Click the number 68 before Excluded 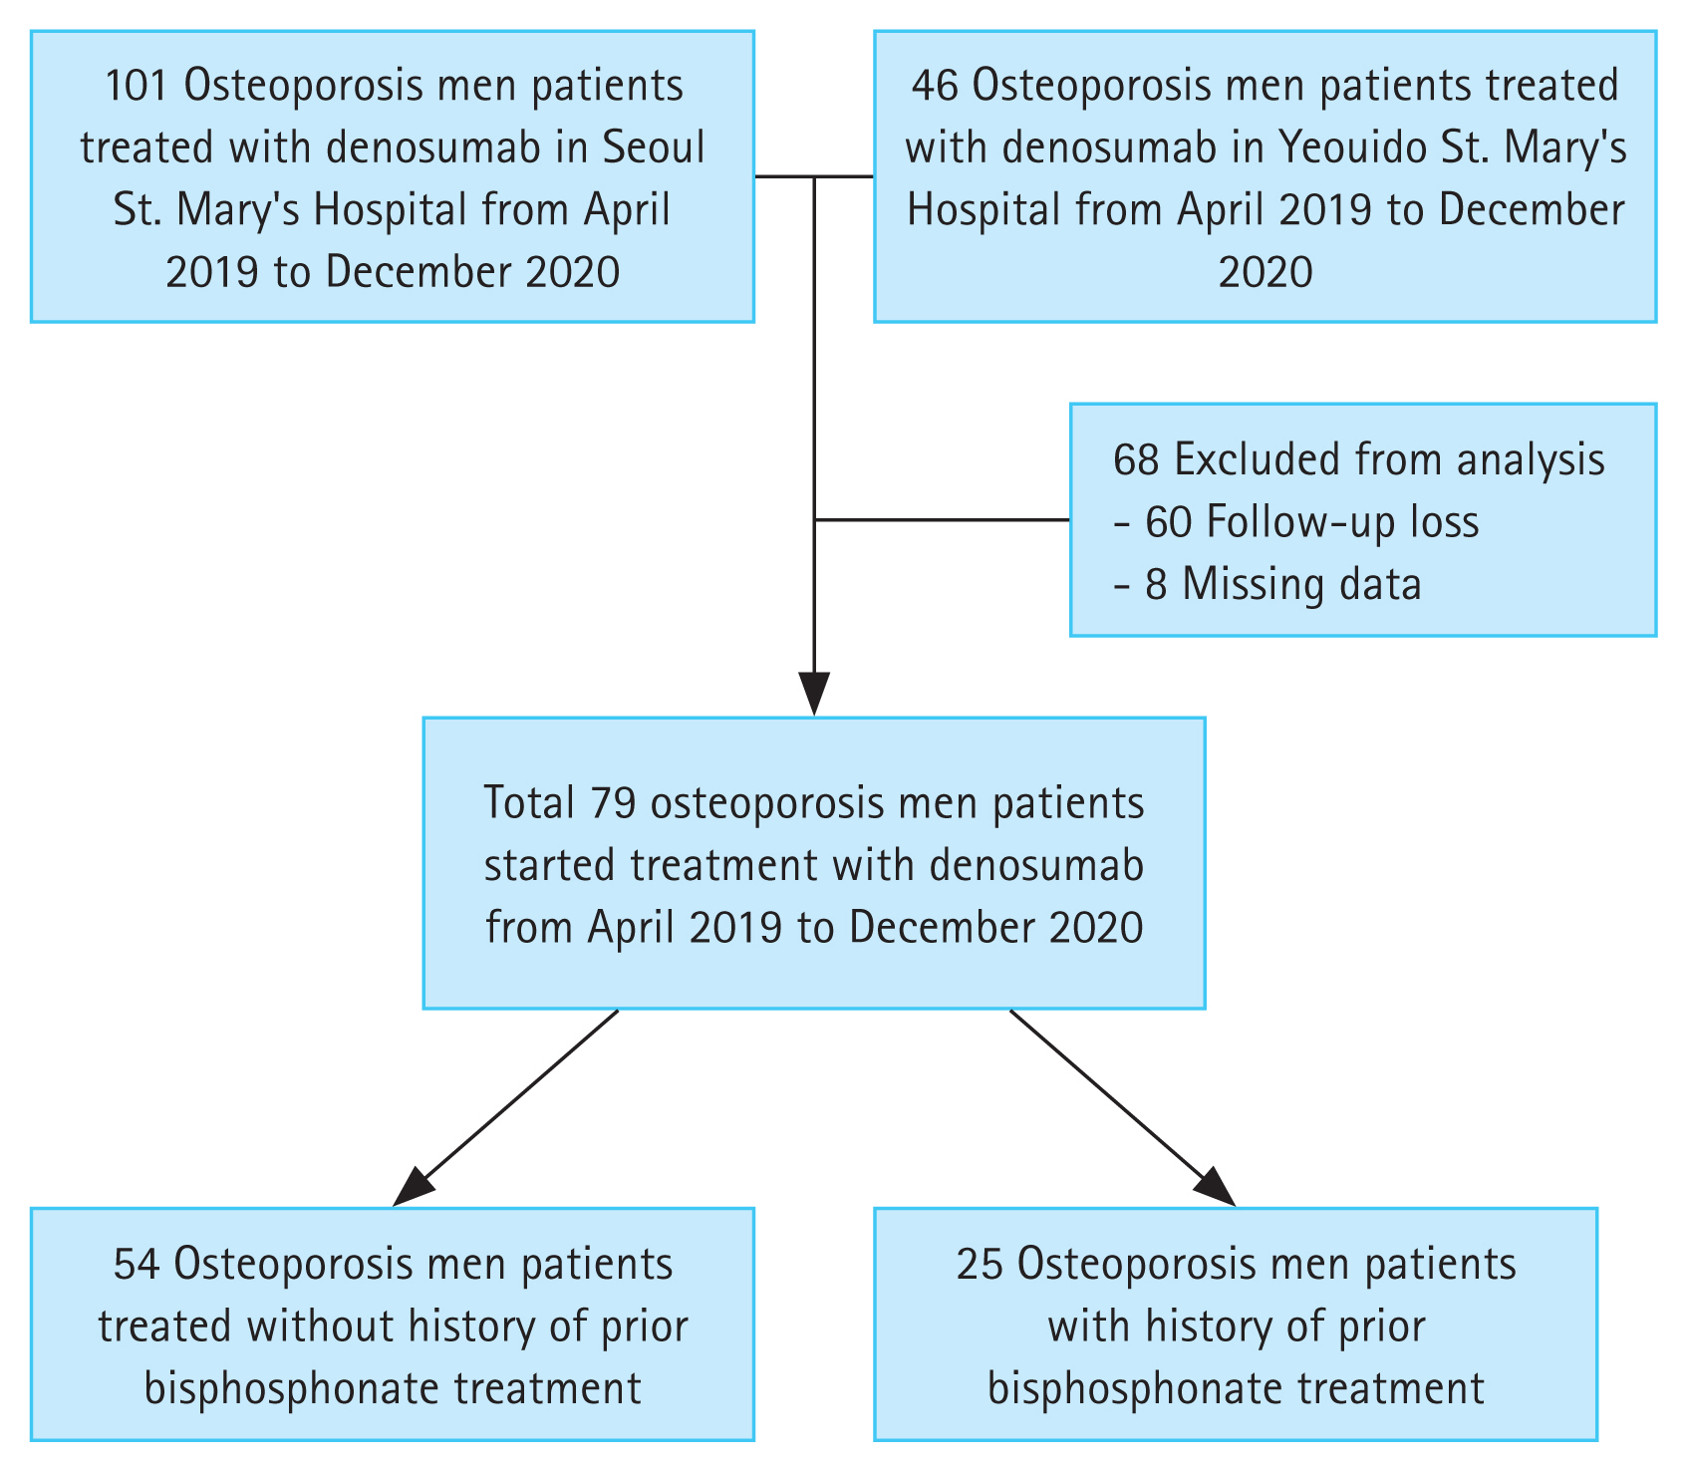[x=1137, y=459]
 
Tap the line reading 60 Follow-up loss [x=1296, y=522]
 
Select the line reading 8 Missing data [x=1267, y=584]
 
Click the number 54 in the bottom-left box [x=137, y=1265]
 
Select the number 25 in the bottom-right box [x=980, y=1265]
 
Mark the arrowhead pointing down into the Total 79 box [x=814, y=694]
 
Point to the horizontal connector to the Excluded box [x=942, y=519]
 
